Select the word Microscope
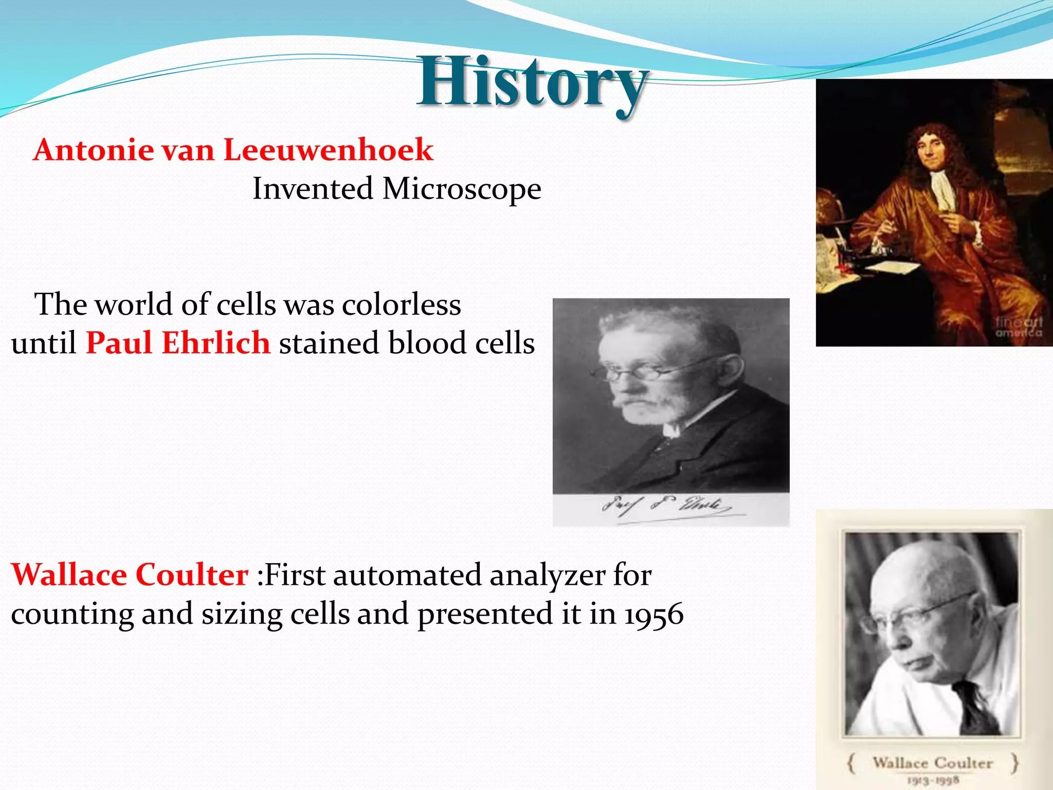pyautogui.click(x=461, y=189)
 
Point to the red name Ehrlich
pyautogui.click(x=216, y=343)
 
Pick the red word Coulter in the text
pyautogui.click(x=192, y=574)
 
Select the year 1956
pyautogui.click(x=653, y=615)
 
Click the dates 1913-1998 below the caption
pyautogui.click(x=933, y=780)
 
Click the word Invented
pyautogui.click(x=313, y=189)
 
